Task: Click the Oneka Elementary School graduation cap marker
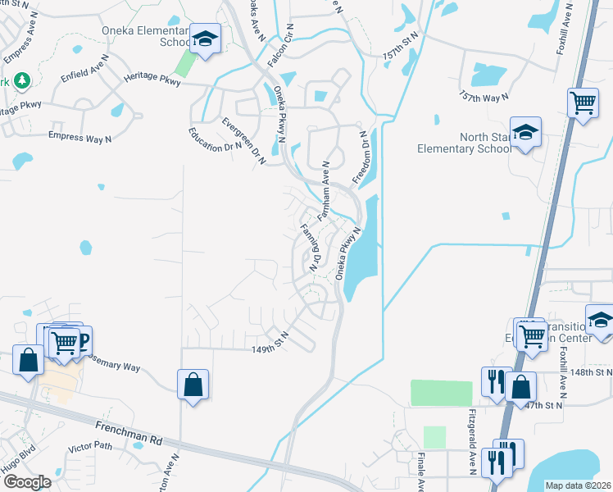point(204,39)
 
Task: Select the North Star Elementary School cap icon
point(524,132)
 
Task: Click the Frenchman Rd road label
point(129,434)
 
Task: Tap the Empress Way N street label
point(80,137)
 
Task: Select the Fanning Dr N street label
point(308,248)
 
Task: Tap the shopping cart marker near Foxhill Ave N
point(583,104)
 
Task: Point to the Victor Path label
point(90,448)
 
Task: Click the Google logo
point(27,482)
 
